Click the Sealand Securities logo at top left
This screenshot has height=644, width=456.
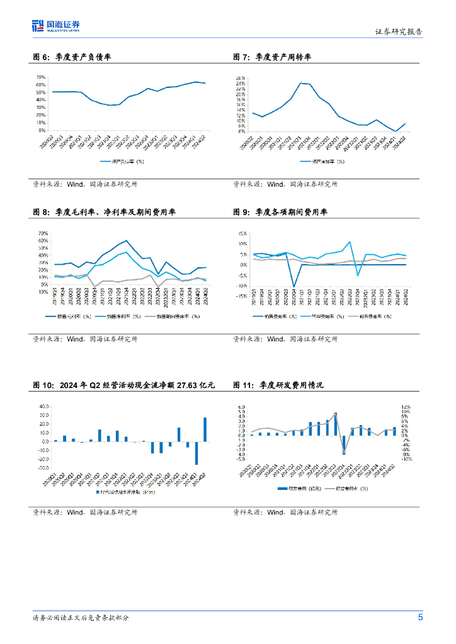coord(55,25)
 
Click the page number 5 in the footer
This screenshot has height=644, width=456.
coord(420,617)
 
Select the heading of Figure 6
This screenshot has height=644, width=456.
coord(72,57)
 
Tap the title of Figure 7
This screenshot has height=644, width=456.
coord(272,57)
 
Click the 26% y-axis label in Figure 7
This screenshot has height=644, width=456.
coord(240,77)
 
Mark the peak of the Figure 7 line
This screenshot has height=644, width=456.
coord(300,83)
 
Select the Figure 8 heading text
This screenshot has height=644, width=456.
coord(104,212)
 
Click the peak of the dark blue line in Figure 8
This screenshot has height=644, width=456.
coord(127,240)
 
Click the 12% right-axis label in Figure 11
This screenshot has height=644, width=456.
coord(406,407)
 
